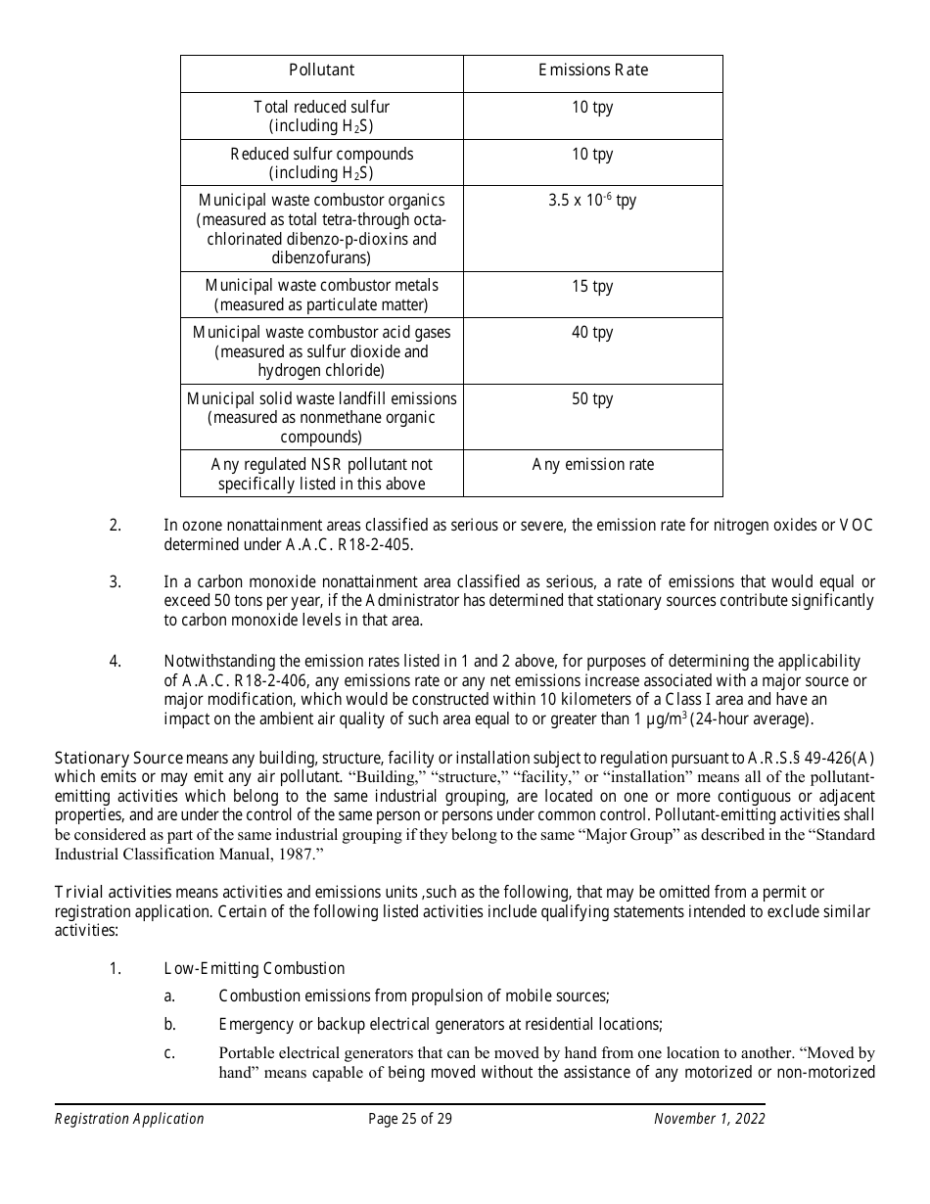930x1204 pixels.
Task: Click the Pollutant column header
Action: pos(321,70)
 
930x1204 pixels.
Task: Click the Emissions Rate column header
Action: pos(592,70)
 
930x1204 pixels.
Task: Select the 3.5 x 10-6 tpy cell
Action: pos(592,201)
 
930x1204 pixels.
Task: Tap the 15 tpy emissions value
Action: pos(592,286)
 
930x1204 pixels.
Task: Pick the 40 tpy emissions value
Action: pos(592,333)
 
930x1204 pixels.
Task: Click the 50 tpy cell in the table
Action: pos(592,399)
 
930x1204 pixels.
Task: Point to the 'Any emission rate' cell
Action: pos(592,465)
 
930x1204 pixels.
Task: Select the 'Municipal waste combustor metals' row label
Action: pos(321,286)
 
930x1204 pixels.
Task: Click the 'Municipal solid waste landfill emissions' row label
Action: pos(321,399)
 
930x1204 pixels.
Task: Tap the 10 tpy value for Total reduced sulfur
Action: pos(592,108)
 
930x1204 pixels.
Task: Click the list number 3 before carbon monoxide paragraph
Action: pos(115,582)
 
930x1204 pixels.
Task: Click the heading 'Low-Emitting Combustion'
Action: pos(255,969)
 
